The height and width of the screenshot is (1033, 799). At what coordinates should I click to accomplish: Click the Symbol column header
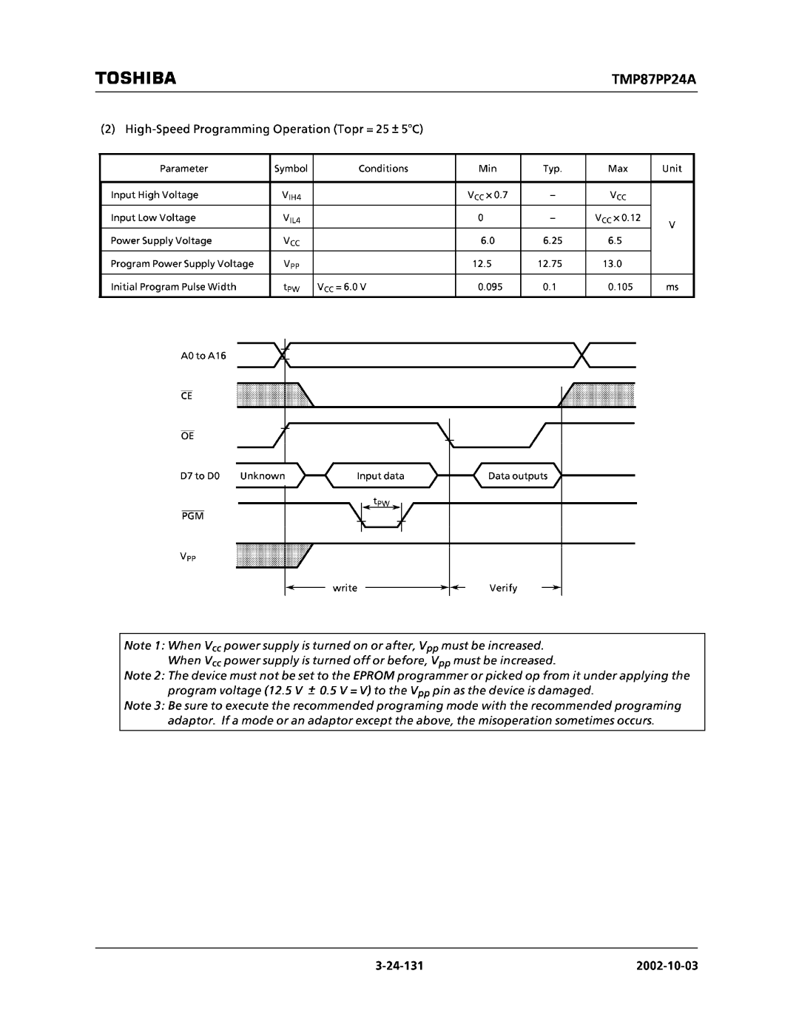[x=291, y=169]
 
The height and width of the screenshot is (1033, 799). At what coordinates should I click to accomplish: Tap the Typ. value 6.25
[x=552, y=241]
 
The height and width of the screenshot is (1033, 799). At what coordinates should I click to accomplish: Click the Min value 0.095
[x=490, y=287]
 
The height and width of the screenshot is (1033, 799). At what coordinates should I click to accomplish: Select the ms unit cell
[x=672, y=287]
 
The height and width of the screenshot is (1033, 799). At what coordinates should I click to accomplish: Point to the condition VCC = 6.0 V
[x=342, y=287]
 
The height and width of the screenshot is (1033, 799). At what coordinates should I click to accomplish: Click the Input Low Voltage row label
[x=153, y=218]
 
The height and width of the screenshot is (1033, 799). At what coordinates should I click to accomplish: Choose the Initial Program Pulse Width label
[x=173, y=287]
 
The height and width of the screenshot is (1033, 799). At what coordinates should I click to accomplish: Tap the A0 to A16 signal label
[x=203, y=356]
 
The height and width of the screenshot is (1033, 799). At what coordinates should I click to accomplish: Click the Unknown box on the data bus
[x=263, y=476]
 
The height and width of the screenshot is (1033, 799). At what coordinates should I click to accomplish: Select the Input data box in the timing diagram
[x=380, y=476]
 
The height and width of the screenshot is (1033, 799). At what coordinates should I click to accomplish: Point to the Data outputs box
[x=518, y=476]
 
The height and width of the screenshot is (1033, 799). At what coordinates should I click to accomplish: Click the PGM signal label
[x=193, y=515]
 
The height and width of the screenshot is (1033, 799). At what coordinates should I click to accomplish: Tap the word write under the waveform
[x=345, y=589]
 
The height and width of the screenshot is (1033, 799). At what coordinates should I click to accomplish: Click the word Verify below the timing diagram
[x=503, y=589]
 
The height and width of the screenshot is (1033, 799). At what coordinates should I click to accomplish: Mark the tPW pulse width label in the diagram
[x=381, y=503]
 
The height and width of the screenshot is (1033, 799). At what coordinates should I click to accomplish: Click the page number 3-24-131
[x=398, y=966]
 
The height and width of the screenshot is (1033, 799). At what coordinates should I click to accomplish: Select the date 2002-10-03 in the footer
[x=664, y=966]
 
